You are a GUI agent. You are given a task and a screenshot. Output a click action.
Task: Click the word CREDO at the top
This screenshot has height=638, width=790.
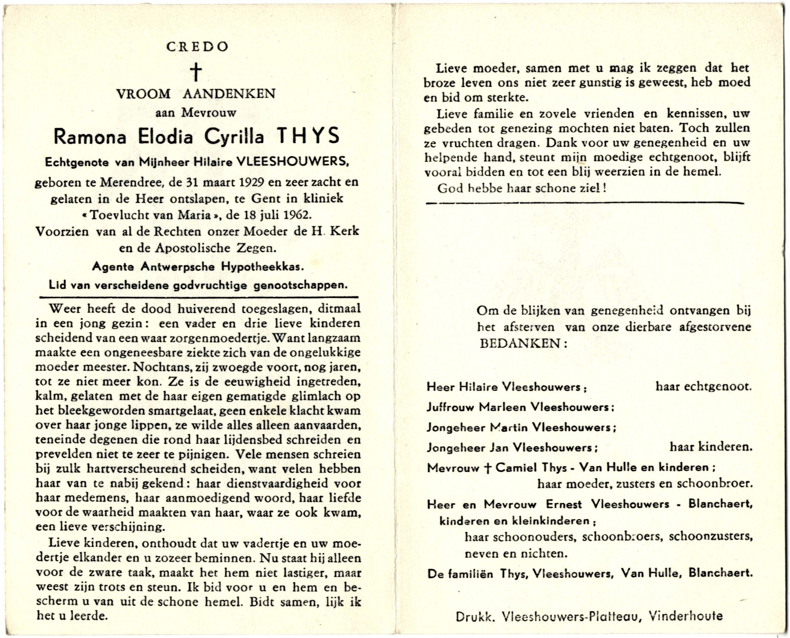click(x=197, y=47)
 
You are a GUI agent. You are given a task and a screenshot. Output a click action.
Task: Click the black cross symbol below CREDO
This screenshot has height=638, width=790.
click(x=197, y=72)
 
